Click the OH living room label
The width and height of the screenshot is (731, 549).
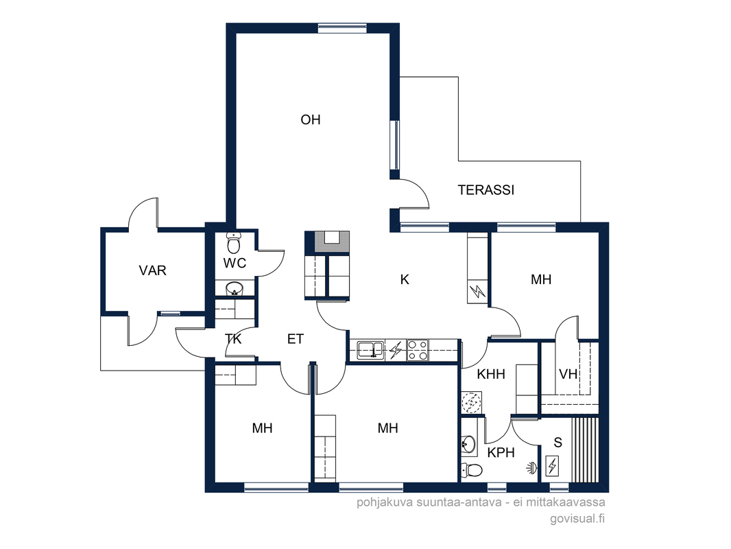311,120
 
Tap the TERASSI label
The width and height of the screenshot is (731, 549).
486,190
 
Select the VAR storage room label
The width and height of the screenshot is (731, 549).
152,270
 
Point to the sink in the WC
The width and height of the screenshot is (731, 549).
235,289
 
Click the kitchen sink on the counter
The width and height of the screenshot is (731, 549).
370,350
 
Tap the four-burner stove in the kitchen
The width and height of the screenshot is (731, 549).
417,350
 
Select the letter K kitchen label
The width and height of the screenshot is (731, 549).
405,279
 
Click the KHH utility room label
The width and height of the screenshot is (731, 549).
491,374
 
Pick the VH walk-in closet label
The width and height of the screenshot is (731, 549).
568,374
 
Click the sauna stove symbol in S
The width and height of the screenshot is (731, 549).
553,465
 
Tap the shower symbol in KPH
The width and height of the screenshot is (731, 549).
531,467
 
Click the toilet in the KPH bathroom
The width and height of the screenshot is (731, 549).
471,470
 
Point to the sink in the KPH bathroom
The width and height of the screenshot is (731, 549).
468,445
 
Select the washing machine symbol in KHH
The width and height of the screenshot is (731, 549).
472,403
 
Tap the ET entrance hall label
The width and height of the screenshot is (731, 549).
295,339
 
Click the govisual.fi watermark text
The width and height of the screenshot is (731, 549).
577,518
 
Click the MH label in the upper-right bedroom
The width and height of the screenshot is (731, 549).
541,279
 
